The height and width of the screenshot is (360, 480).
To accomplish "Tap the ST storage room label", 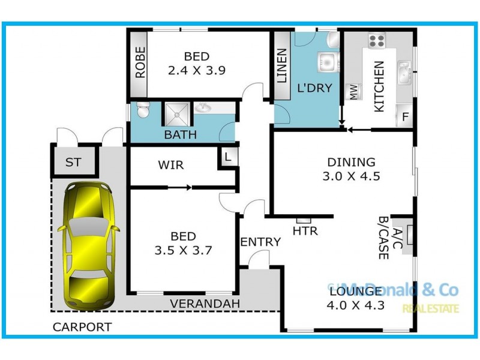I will pyautogui.click(x=73, y=163).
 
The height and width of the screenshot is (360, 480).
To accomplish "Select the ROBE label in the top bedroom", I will pyautogui.click(x=140, y=63).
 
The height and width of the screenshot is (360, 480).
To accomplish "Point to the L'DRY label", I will pyautogui.click(x=314, y=88).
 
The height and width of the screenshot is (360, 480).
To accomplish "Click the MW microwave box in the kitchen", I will pyautogui.click(x=353, y=92).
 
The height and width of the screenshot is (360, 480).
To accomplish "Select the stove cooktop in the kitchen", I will pyautogui.click(x=376, y=40).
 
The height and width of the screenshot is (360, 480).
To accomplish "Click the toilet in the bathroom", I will pyautogui.click(x=142, y=112).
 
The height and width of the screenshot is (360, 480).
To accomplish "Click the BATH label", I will pyautogui.click(x=180, y=135).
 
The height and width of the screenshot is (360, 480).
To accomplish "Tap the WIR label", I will pyautogui.click(x=171, y=165).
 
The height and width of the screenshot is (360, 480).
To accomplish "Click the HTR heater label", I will pyautogui.click(x=305, y=230).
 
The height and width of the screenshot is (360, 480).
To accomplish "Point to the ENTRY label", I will pyautogui.click(x=260, y=242).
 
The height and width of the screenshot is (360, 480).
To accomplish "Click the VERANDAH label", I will pyautogui.click(x=205, y=304).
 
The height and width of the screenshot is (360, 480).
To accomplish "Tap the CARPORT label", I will pyautogui.click(x=82, y=327).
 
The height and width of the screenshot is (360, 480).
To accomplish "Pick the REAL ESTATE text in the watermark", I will pyautogui.click(x=430, y=309).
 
